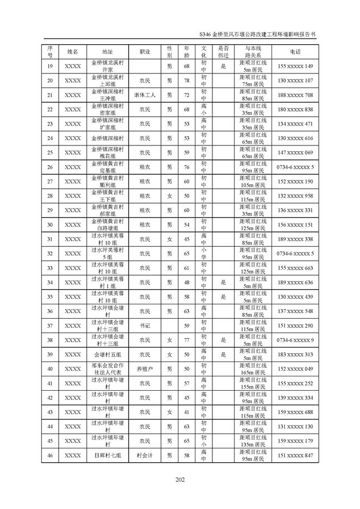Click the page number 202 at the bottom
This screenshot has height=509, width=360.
tap(179, 480)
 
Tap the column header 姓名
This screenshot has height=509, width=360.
tap(73, 52)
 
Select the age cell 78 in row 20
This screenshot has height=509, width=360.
tap(187, 81)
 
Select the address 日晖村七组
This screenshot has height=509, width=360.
tap(107, 455)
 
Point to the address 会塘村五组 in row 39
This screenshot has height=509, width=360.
tap(107, 354)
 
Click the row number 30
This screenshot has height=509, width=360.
tap(50, 225)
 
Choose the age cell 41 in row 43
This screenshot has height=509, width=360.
tap(187, 412)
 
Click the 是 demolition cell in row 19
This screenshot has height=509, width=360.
tap(223, 66)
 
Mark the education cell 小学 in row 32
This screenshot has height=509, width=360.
tap(204, 253)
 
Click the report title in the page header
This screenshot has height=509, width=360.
tap(257, 32)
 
